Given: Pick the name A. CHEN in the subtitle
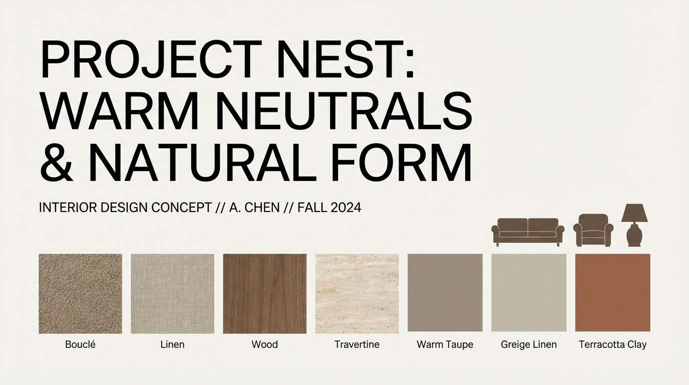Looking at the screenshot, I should tap(254, 208).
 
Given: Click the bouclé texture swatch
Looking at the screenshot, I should tap(80, 293).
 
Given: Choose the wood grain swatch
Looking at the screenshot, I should tap(264, 293).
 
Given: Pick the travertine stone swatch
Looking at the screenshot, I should tap(357, 293).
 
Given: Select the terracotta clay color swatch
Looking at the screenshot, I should tap(612, 292).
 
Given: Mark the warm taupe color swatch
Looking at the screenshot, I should tap(445, 292).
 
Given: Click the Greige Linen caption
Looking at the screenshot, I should tap(529, 344).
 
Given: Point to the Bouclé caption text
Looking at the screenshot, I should tap(80, 344).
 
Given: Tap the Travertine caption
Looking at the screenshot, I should tap(357, 344).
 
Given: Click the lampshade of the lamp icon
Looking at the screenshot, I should tap(634, 214).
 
